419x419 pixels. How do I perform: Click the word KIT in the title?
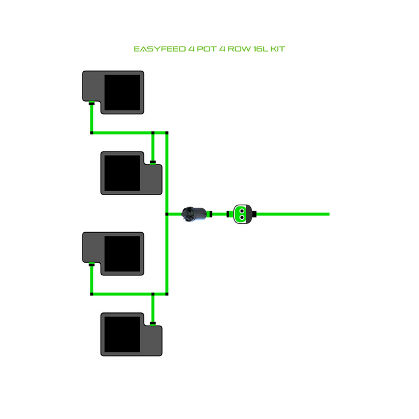[278, 48]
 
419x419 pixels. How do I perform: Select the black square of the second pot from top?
[122, 172]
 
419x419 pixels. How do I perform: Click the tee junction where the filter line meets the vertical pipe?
[166, 214]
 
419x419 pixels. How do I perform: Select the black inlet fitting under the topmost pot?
[91, 104]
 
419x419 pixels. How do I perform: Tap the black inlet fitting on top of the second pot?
[153, 161]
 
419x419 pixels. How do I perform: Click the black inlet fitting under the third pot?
[91, 264]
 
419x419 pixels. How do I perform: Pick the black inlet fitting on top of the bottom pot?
[153, 323]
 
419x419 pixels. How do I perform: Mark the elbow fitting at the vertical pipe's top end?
[167, 132]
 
